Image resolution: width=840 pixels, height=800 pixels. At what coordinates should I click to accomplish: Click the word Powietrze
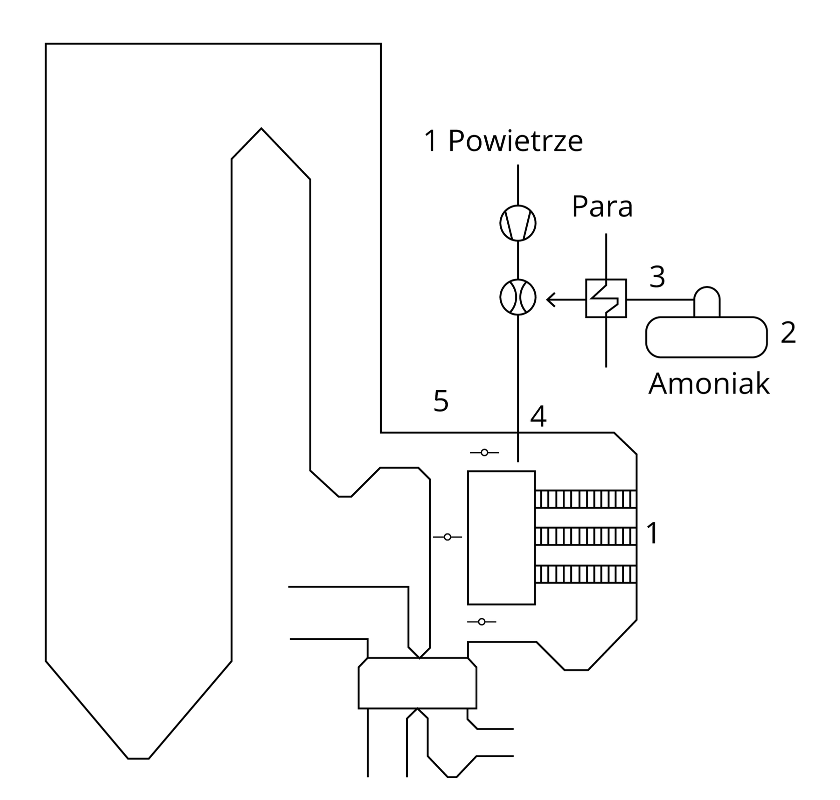pos(515,141)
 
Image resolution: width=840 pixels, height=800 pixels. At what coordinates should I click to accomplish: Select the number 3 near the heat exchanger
pos(657,276)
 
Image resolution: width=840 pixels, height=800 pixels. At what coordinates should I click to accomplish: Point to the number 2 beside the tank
pos(788,332)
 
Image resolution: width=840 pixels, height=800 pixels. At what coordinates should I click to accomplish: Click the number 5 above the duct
pos(441,401)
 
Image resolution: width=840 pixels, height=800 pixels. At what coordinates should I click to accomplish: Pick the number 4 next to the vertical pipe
pos(538,416)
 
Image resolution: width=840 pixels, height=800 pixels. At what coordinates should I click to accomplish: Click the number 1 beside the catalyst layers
pos(652,533)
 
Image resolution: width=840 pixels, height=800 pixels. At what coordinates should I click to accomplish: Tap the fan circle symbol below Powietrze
pos(518,223)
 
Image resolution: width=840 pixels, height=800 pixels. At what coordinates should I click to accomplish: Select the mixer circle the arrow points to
pos(518,297)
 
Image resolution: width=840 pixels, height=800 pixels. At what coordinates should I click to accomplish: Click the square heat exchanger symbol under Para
pos(606,298)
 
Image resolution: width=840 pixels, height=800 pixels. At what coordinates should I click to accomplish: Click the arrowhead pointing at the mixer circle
pos(551,300)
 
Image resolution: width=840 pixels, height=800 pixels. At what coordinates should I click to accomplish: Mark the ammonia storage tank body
pos(706,337)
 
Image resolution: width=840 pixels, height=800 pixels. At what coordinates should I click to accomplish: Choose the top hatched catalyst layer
pos(585,499)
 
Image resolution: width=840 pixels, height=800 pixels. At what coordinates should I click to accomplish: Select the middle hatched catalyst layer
pos(585,536)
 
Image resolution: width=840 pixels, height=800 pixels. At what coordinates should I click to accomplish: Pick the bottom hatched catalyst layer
pos(585,574)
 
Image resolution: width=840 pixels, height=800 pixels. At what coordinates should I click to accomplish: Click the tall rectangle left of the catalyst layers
pos(501,537)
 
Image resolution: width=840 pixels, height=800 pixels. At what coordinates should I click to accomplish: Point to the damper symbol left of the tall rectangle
pos(447,537)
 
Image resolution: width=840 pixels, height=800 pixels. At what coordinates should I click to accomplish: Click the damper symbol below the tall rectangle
pos(481,621)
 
